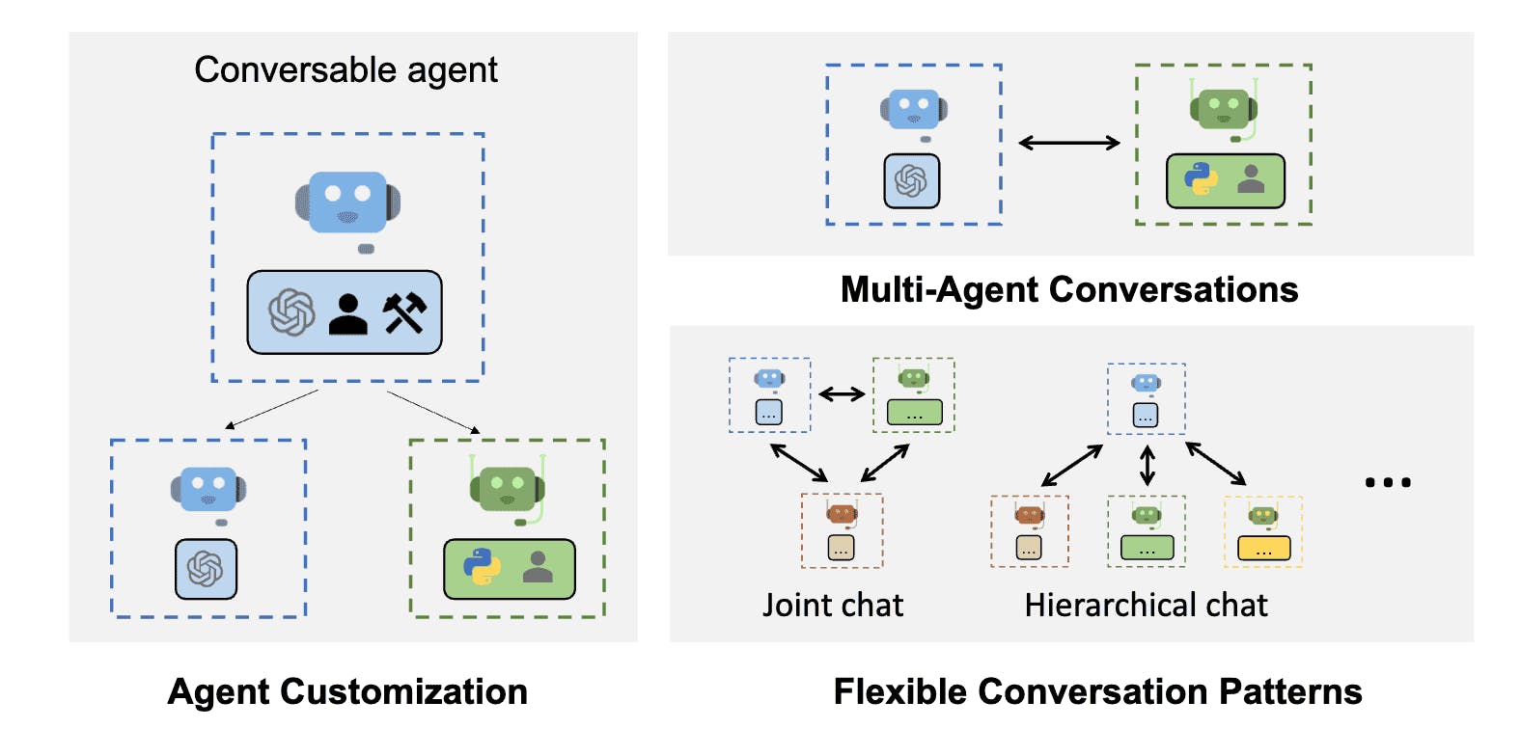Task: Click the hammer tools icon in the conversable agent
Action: tap(404, 312)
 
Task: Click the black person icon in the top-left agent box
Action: tap(348, 313)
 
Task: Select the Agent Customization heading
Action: tap(347, 691)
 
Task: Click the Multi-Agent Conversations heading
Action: tap(1069, 289)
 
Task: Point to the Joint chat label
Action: tap(833, 605)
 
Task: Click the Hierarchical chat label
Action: tap(1146, 605)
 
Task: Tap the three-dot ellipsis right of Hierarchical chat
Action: tap(1388, 482)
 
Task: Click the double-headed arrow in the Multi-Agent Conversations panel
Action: tap(1069, 143)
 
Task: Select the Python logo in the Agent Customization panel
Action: tap(483, 567)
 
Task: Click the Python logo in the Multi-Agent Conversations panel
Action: tap(1201, 178)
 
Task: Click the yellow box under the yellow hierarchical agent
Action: tap(1263, 549)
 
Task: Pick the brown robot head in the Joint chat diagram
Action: tap(842, 514)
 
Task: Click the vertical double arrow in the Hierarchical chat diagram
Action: tap(1147, 465)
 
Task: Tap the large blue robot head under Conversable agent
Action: tap(347, 202)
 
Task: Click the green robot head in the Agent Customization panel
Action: tap(507, 487)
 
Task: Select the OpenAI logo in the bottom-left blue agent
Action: tap(206, 569)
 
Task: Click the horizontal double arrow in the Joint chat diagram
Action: tap(842, 393)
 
